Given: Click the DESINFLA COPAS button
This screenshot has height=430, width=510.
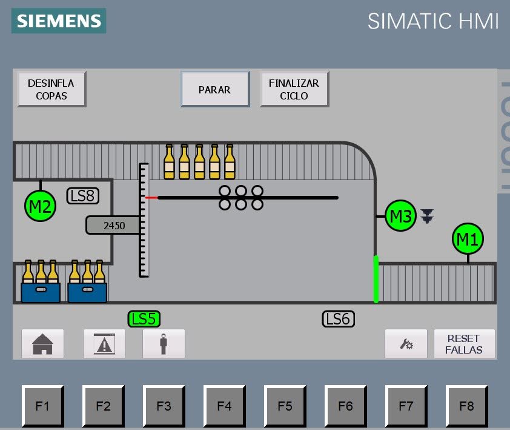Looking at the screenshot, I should click(51, 89).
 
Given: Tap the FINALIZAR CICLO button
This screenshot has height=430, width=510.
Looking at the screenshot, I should click(294, 89).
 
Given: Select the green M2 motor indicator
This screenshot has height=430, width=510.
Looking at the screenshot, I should click(41, 206).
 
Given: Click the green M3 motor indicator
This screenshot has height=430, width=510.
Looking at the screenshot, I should click(400, 216).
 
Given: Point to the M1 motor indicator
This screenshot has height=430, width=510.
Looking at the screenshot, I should click(468, 240).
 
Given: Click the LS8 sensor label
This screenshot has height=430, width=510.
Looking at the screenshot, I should click(82, 195).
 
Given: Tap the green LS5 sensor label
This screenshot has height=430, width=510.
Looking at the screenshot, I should click(144, 318).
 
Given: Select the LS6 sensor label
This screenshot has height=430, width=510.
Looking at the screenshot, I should click(338, 318).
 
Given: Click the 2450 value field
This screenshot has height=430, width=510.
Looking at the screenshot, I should click(113, 226).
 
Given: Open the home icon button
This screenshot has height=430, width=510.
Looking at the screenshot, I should click(43, 344).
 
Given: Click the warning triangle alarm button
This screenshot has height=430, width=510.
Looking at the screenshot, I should click(104, 344).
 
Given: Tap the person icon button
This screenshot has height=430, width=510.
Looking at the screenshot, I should click(164, 344).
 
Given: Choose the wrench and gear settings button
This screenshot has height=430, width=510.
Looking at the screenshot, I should click(406, 344).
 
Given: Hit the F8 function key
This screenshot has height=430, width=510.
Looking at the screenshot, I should click(466, 406).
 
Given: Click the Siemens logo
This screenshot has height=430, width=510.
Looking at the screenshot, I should click(59, 21).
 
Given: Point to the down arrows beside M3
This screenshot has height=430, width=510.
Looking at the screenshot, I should click(428, 215).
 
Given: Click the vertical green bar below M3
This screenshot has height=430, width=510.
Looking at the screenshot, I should click(376, 279).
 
